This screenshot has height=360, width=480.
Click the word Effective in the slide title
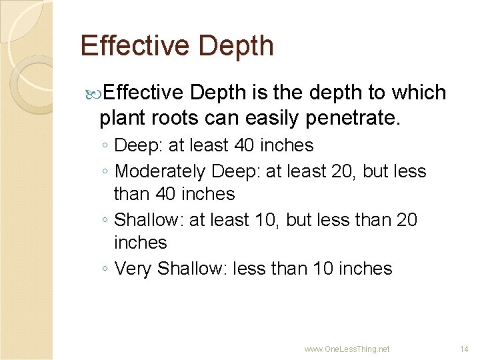(133, 46)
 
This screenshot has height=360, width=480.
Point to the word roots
(190, 119)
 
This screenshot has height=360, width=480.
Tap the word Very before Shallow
(133, 269)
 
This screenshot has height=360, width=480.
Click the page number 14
(465, 349)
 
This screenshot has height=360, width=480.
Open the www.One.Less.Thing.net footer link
(347, 349)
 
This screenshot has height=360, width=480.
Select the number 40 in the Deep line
(246, 145)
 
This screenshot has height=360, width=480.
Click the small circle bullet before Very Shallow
(107, 269)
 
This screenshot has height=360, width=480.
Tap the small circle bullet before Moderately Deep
(107, 172)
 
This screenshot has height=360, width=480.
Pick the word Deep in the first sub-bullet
(135, 145)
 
